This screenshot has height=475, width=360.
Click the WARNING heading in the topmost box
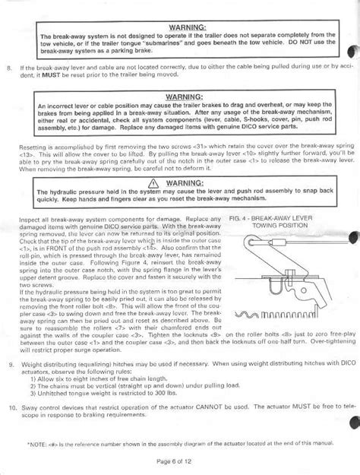(180, 27)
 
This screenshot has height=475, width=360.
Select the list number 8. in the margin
(9, 68)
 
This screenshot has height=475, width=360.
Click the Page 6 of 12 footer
(179, 461)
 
